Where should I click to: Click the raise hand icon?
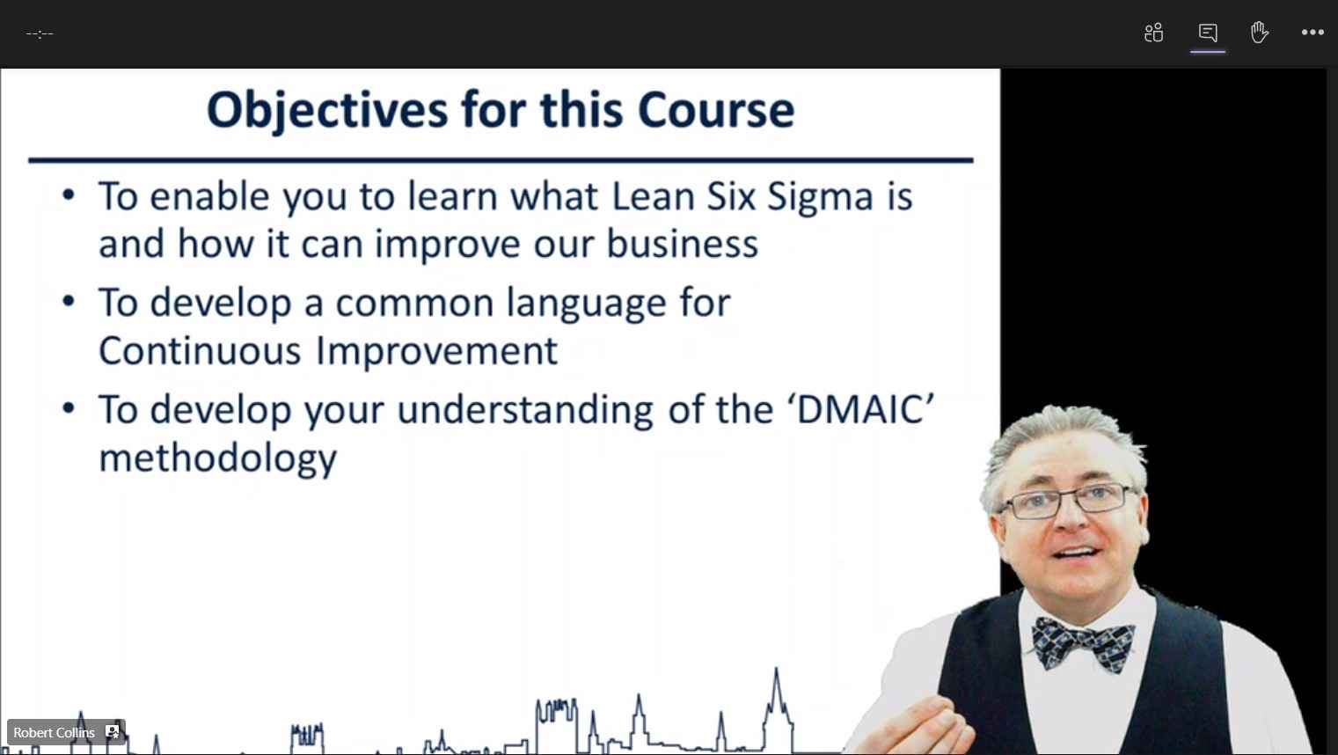pos(1259,33)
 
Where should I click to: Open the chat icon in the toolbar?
pos(1207,33)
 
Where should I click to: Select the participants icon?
pos(1153,33)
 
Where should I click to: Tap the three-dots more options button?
pos(1312,33)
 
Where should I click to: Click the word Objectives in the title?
pos(327,111)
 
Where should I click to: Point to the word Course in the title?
pos(716,110)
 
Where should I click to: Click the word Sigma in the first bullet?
pos(820,197)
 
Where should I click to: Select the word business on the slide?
pos(682,244)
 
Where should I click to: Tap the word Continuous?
pos(200,350)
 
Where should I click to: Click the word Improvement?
pos(436,352)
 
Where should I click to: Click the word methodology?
pos(217,459)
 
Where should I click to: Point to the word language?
pos(586,304)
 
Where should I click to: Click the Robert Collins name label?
pos(54,732)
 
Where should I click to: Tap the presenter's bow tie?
pos(1083,645)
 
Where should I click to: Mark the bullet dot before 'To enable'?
pos(69,195)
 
